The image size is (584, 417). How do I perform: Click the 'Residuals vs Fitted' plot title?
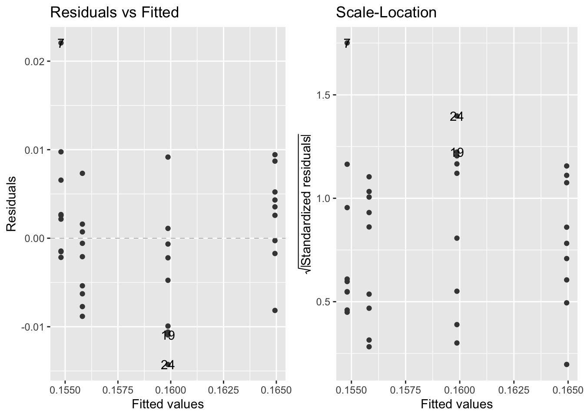pos(114,13)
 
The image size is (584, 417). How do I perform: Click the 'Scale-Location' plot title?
pos(386,13)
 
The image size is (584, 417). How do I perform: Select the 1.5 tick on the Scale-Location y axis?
pos(325,95)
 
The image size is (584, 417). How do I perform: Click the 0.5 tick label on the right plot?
pos(325,302)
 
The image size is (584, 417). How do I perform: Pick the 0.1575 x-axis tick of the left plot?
pos(118,389)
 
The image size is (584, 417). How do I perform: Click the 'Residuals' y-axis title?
pos(12,204)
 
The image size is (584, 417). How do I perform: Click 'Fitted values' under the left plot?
pos(168,404)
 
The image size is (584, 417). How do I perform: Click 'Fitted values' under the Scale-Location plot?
pos(457,404)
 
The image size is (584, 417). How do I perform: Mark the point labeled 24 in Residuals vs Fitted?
pos(168,364)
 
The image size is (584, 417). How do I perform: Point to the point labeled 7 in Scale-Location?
pos(347,43)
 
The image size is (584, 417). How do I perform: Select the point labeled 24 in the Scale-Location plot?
pos(457,116)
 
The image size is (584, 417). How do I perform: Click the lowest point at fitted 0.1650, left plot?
pos(275,310)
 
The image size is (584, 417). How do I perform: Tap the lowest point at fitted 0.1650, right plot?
pos(567,364)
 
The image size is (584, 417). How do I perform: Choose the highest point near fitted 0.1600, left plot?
pos(168,157)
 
